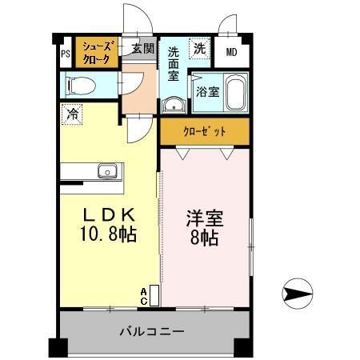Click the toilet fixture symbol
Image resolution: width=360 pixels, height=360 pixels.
tap(79, 84)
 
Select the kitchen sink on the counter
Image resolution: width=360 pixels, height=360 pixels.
tap(107, 170)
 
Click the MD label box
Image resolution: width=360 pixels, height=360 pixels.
tap(232, 53)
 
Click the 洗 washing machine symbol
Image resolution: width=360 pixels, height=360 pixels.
tap(198, 48)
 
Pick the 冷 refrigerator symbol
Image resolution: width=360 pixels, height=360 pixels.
tap(72, 114)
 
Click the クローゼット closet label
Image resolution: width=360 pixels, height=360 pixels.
tap(204, 131)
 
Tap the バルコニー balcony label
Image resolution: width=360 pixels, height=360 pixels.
tap(152, 330)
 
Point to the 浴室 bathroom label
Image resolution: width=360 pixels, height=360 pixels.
tap(207, 91)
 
